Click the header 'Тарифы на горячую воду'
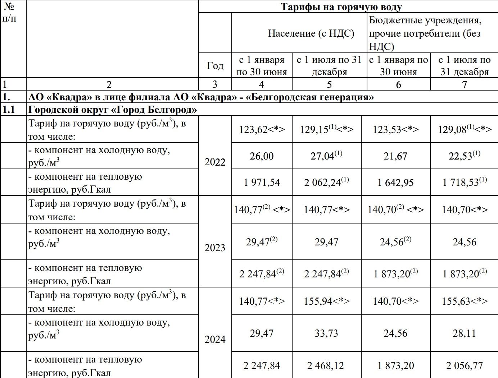[x=341, y=7]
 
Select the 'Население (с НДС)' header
[x=311, y=33]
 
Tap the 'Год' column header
[x=215, y=65]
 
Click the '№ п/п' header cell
[x=9, y=12]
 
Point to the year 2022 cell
[x=215, y=162]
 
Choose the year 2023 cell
[x=215, y=248]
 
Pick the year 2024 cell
[x=215, y=339]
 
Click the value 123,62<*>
[x=262, y=129]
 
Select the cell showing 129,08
[x=464, y=129]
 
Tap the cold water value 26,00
[x=262, y=156]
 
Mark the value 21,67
[x=395, y=156]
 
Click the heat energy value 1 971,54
[x=262, y=183]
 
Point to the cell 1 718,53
[x=464, y=182]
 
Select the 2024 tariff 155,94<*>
[x=326, y=301]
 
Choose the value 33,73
[x=326, y=333]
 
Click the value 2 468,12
[x=326, y=366]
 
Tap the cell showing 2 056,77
[x=464, y=366]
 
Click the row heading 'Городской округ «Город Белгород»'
[x=113, y=110]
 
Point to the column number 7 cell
[x=464, y=84]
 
